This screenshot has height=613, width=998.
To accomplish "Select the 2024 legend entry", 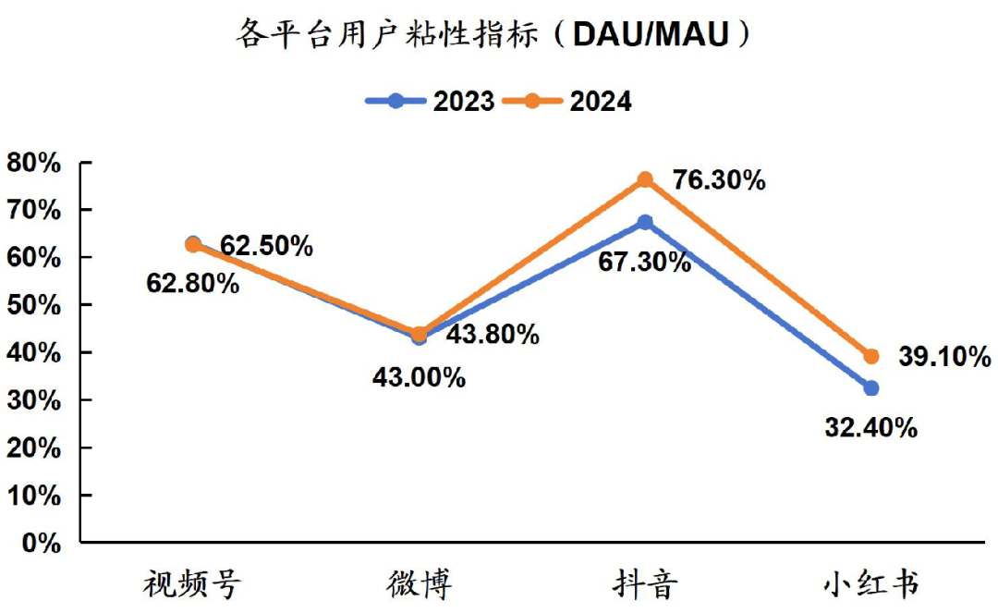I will click(568, 101).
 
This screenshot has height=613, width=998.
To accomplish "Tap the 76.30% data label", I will click(718, 179).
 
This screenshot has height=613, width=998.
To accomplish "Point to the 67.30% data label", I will click(644, 262).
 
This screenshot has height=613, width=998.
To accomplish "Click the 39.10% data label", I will click(944, 357).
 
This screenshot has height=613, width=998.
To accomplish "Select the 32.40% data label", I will click(870, 428).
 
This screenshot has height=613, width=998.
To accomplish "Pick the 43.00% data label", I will click(419, 377).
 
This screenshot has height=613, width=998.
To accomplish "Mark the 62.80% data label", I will click(192, 283).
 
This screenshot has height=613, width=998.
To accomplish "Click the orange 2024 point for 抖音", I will click(645, 179).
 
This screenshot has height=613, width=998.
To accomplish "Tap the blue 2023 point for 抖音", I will click(645, 222).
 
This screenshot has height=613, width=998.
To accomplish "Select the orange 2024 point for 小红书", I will click(870, 356).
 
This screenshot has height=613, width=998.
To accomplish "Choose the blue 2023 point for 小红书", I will click(870, 388).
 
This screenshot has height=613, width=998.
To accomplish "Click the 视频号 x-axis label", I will click(192, 583).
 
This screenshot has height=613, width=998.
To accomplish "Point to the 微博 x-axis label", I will click(419, 583).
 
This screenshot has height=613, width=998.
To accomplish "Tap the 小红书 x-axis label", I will click(870, 583).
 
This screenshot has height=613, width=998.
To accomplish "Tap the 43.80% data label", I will click(493, 334).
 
